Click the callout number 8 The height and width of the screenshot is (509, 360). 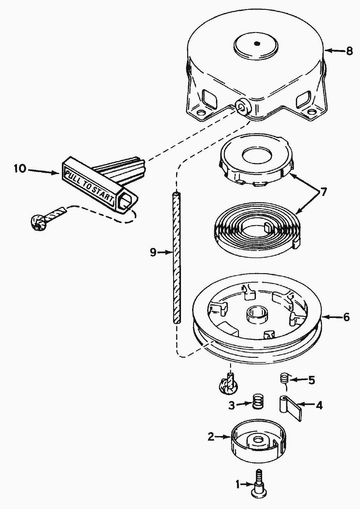[349, 51]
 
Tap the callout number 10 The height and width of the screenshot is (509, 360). [20, 169]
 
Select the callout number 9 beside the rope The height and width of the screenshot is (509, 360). [153, 252]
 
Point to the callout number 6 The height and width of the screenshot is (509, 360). [346, 317]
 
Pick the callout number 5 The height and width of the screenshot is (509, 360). [311, 380]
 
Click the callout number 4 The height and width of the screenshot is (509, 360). [319, 405]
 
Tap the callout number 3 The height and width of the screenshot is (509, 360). [232, 406]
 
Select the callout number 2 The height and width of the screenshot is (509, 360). [211, 436]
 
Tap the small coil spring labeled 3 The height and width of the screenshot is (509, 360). [259, 401]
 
